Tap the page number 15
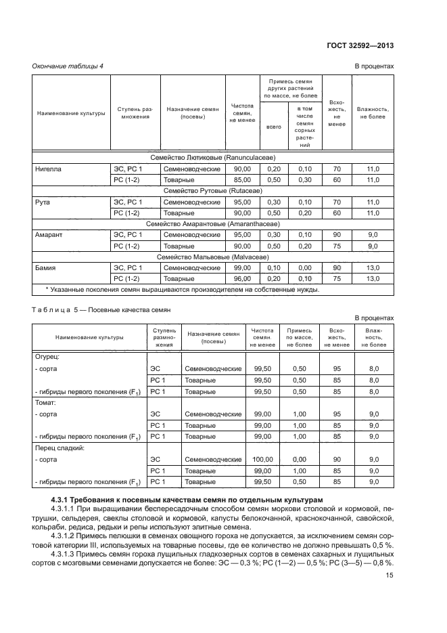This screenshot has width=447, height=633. coord(390,575)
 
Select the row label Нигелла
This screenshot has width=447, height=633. coord(48,169)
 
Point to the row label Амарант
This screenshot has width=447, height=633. coord(48,235)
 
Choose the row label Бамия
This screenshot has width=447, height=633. coord(45,268)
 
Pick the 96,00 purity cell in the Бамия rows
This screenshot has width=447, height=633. coord(241,278)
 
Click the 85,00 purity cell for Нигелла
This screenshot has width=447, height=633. coord(241,179)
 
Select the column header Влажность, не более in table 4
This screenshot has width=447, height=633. coord(372,112)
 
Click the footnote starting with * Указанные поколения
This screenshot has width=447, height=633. coord(182,290)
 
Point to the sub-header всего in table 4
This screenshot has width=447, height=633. coord(274,127)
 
